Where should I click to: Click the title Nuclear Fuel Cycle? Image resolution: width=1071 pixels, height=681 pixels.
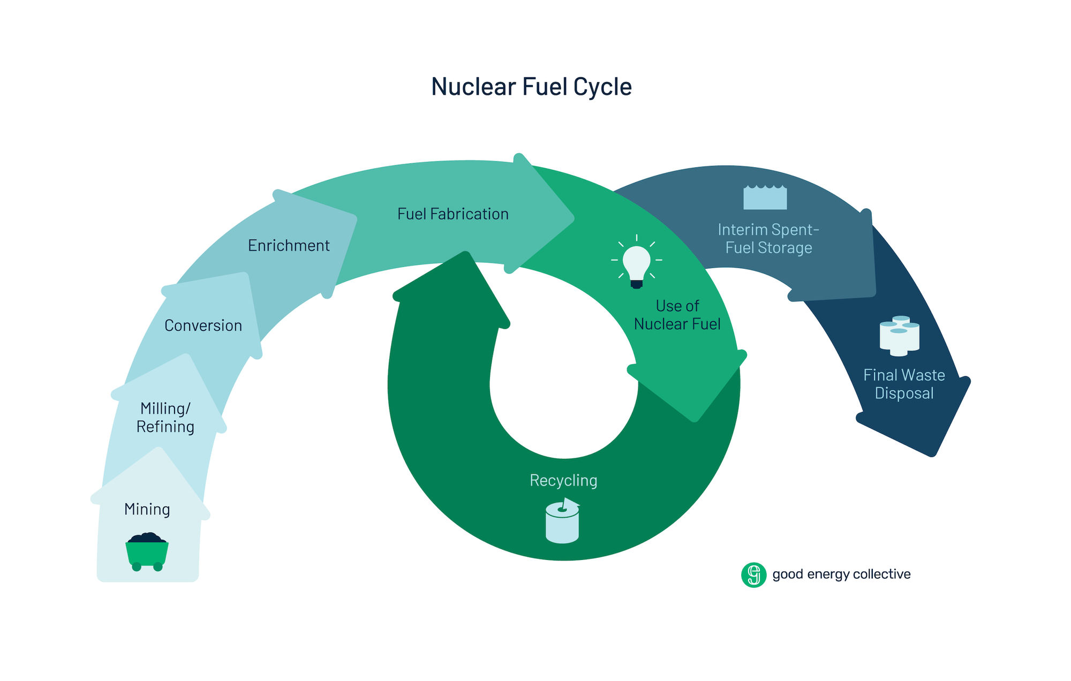tap(531, 87)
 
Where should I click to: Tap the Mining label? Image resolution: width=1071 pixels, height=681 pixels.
tap(147, 509)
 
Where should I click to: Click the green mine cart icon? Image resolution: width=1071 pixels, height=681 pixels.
tap(147, 551)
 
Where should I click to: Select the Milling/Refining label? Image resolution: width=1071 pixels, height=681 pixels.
tap(165, 418)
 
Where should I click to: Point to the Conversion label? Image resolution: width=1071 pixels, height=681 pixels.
tap(203, 326)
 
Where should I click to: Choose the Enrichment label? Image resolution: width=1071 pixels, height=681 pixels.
tap(289, 246)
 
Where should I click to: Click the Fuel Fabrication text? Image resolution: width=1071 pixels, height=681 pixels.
tap(452, 214)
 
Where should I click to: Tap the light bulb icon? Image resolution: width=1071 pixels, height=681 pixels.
tap(636, 262)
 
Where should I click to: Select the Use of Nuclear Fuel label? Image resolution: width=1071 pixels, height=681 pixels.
tap(677, 315)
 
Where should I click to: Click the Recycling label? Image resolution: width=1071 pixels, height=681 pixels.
tap(563, 480)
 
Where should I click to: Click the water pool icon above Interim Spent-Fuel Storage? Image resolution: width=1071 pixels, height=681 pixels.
tap(765, 198)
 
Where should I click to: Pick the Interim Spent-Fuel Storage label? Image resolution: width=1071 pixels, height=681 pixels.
tap(768, 239)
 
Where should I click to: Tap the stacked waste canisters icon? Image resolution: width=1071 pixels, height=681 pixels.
tap(899, 336)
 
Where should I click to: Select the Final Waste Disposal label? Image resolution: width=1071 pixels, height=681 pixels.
tap(904, 384)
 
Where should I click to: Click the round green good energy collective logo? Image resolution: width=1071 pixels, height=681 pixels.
tap(753, 575)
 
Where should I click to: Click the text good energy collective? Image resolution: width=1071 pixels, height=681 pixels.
tap(841, 574)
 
